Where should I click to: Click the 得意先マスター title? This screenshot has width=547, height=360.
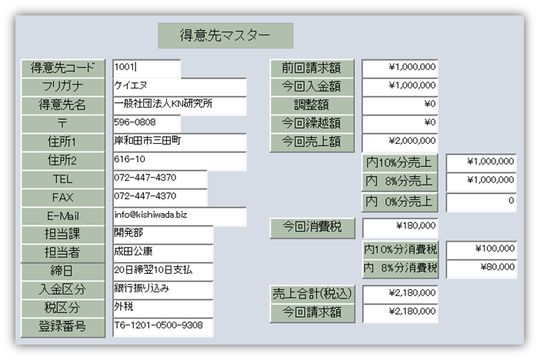click(225, 35)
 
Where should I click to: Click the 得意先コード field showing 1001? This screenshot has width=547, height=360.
click(146, 68)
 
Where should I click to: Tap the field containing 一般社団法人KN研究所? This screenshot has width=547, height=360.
click(179, 105)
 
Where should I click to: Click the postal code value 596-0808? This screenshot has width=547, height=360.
click(146, 123)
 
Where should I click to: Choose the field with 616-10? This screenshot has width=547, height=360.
click(179, 160)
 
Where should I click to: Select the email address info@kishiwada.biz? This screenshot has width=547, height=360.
click(179, 215)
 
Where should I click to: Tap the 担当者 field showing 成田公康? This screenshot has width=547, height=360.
click(162, 252)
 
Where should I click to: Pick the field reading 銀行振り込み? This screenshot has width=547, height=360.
click(162, 289)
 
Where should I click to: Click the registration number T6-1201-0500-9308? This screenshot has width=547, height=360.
click(162, 326)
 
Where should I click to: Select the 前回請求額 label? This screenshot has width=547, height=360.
click(312, 68)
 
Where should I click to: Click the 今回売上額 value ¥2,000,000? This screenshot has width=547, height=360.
click(400, 142)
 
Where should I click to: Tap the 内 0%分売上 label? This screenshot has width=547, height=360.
click(399, 202)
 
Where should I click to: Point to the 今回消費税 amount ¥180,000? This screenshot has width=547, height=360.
click(400, 227)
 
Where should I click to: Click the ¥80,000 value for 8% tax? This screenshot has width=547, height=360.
click(481, 269)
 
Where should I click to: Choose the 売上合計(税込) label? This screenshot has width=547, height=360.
click(312, 294)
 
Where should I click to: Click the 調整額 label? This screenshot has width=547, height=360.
click(312, 105)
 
